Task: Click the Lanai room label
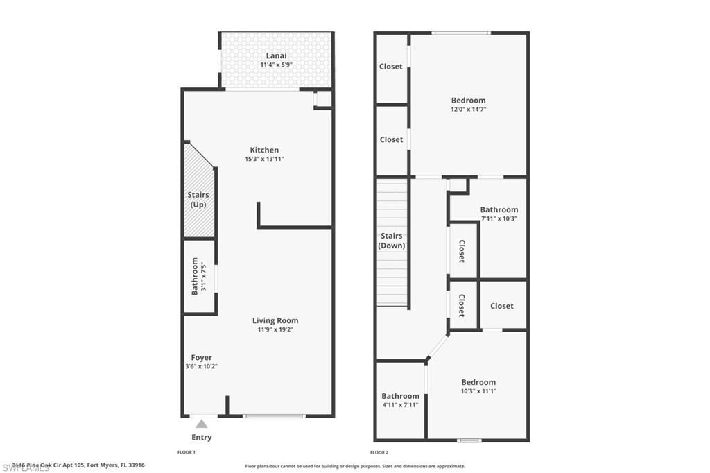pos(276,55)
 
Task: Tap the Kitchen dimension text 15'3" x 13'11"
pos(264,160)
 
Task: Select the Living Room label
pos(275,320)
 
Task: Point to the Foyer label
pos(202,358)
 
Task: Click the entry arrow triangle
pos(201,424)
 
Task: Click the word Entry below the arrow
pos(202,438)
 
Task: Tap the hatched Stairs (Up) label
pos(198,200)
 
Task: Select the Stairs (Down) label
pos(392,241)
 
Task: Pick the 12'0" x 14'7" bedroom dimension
pos(469,110)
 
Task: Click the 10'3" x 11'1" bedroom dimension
pos(478,391)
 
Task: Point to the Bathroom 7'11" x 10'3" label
pos(499,210)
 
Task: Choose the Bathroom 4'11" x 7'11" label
pos(400,397)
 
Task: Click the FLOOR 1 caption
pos(187,453)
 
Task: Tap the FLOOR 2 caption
pos(379,453)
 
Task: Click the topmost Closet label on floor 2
pos(391,67)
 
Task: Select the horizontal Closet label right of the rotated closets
pos(502,306)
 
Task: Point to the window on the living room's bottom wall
pos(274,416)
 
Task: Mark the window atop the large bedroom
pos(461,33)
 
